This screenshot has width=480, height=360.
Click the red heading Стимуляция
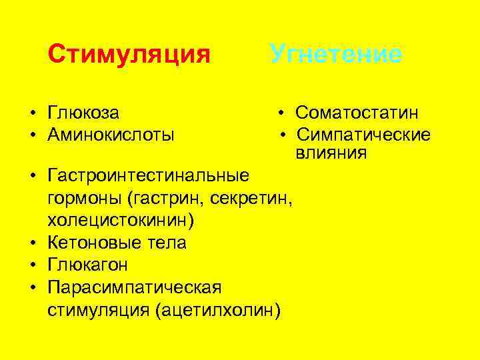click(x=129, y=53)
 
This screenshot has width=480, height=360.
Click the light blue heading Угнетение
click(x=335, y=53)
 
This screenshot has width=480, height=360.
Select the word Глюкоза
click(x=88, y=113)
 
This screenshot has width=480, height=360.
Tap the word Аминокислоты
click(x=111, y=135)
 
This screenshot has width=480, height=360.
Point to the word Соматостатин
click(x=362, y=113)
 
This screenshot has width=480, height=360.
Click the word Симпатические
click(x=363, y=135)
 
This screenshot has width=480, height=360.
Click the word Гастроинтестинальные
click(x=149, y=175)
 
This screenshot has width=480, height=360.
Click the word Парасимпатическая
click(x=134, y=287)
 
